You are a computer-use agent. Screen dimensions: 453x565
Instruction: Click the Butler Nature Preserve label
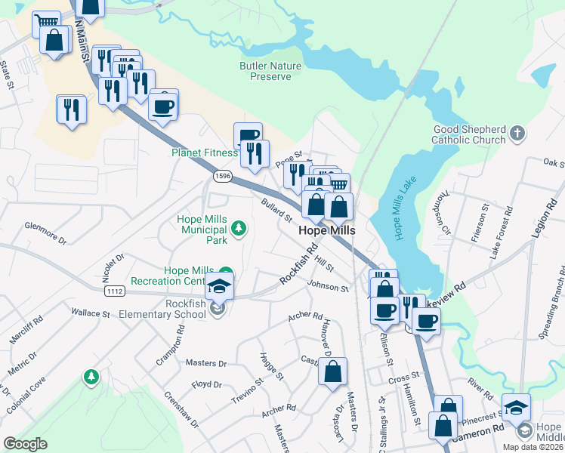(x=270, y=71)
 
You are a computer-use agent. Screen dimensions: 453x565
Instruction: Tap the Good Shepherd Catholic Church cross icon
(x=517, y=134)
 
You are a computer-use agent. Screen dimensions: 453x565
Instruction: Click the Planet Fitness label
(x=205, y=153)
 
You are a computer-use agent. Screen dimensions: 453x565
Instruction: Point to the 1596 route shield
(x=222, y=176)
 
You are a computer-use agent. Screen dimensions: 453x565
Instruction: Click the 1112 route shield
(x=115, y=291)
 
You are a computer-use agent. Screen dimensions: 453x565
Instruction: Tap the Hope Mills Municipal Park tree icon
(x=239, y=227)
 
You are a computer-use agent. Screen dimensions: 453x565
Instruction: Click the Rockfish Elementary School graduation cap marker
(x=219, y=286)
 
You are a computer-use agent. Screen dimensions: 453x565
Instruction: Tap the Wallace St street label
(x=91, y=312)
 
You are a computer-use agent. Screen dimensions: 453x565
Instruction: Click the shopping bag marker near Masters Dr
(x=332, y=371)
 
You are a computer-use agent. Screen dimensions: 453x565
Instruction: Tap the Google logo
(x=25, y=444)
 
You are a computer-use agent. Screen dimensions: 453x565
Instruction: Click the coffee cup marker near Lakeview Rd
(x=426, y=321)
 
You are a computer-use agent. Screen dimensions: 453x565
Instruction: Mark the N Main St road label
(x=83, y=42)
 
